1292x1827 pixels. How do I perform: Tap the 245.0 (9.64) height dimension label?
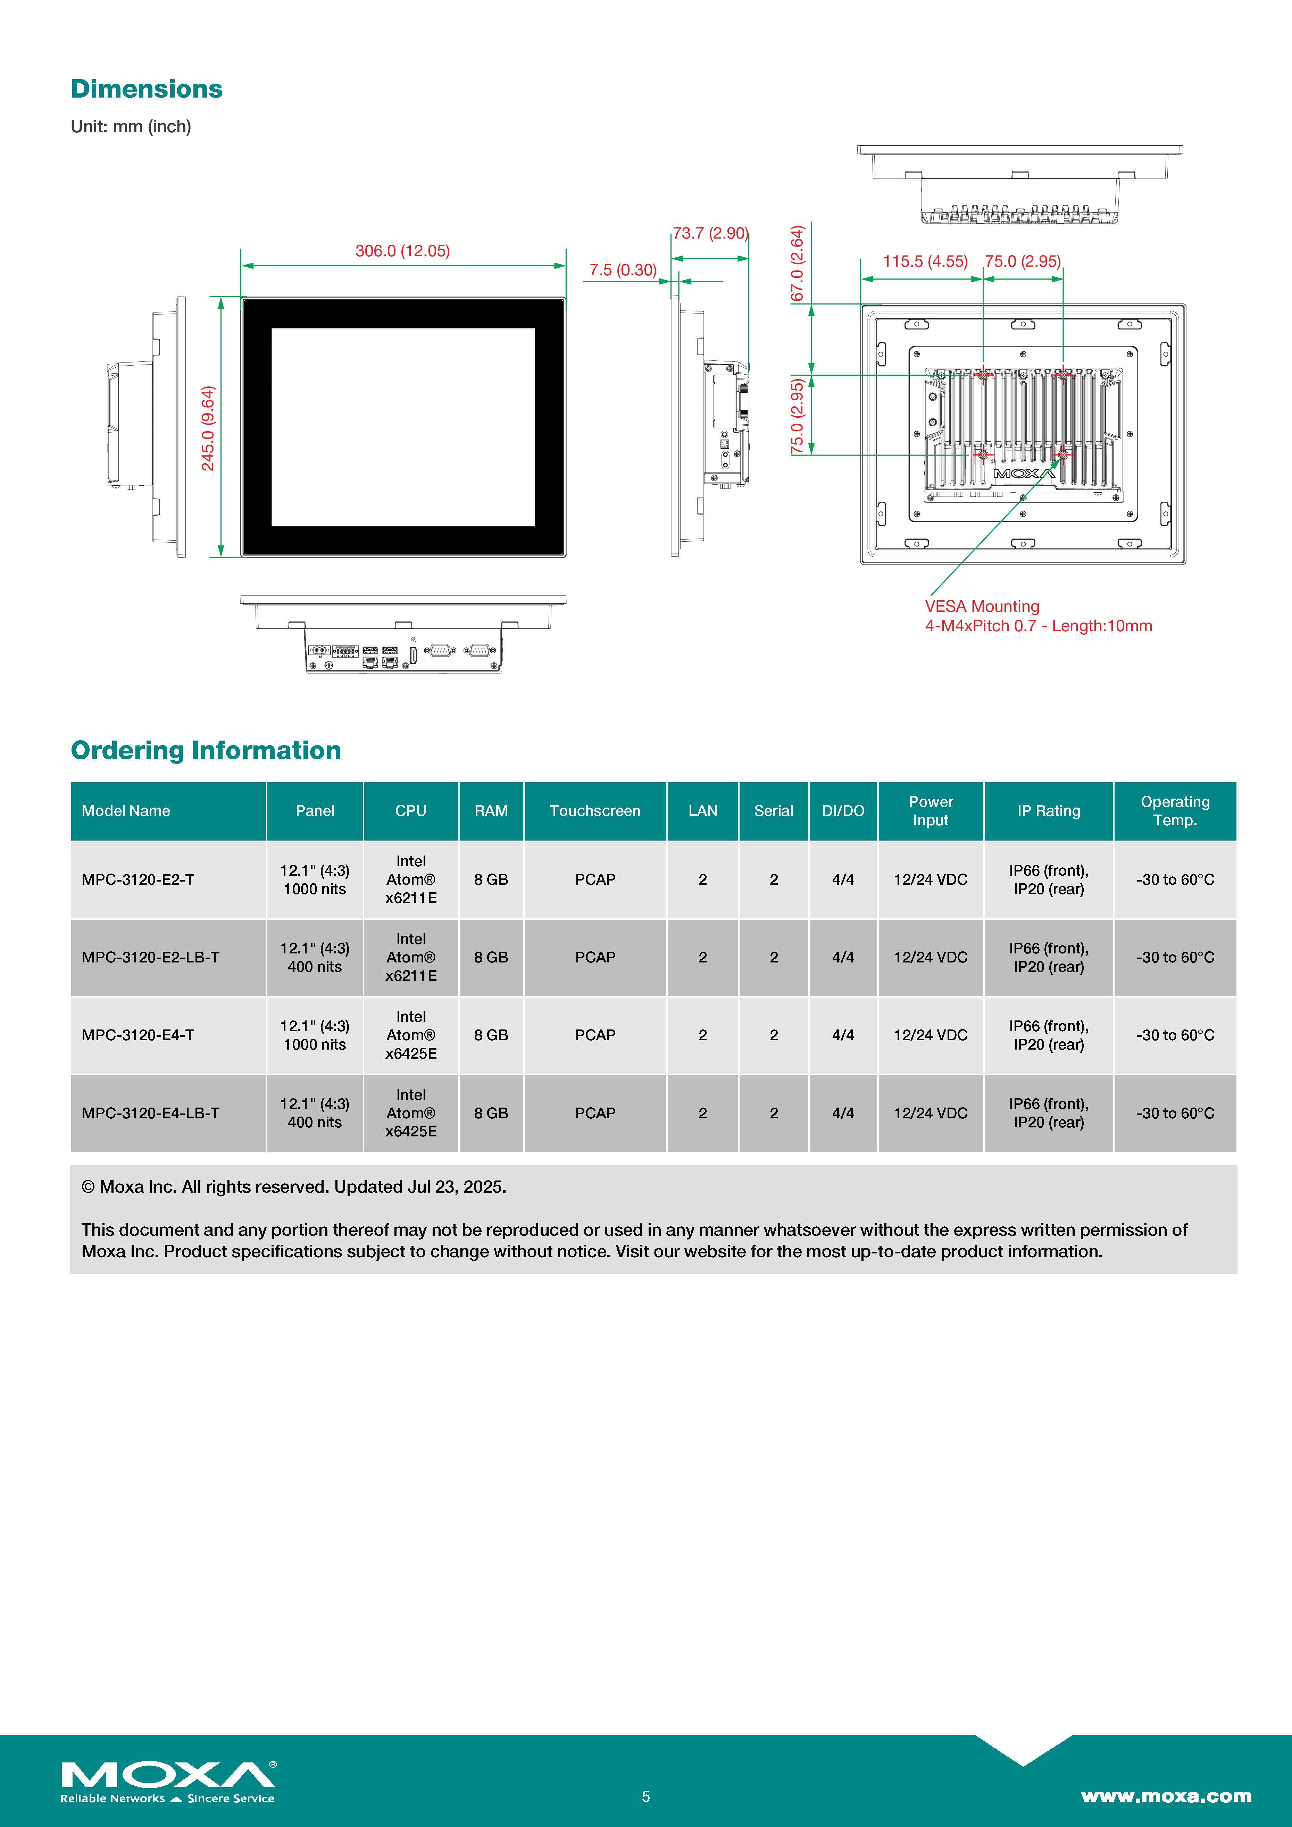pyautogui.click(x=208, y=428)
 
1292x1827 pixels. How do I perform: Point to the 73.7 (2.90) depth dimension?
pyautogui.click(x=710, y=233)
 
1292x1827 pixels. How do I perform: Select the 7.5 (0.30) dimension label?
pyautogui.click(x=623, y=270)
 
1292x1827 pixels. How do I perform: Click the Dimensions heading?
pyautogui.click(x=147, y=89)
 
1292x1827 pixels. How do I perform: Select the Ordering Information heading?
pyautogui.click(x=206, y=750)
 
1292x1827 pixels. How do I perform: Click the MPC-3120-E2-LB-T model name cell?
pyautogui.click(x=150, y=957)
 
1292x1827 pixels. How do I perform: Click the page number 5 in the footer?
pyautogui.click(x=646, y=1796)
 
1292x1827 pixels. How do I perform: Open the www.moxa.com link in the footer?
pyautogui.click(x=1166, y=1796)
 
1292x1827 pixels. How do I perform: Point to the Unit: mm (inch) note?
pyautogui.click(x=131, y=126)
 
